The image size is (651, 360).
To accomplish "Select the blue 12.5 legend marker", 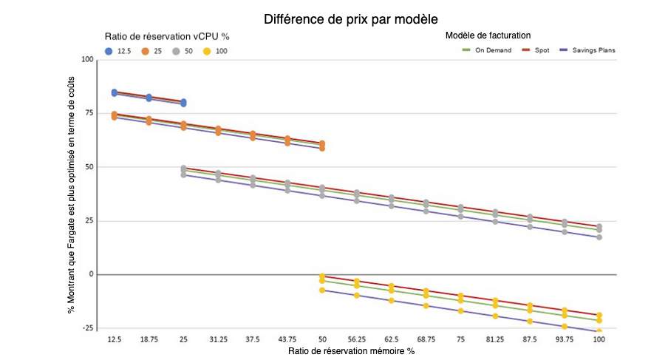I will [109, 51].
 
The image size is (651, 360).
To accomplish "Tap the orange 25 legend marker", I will [146, 51].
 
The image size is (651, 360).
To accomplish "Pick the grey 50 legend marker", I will [176, 51].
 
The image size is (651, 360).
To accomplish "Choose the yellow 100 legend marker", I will [207, 51].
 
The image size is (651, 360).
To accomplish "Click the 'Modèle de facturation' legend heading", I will [488, 35].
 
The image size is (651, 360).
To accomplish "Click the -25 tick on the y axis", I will [87, 327].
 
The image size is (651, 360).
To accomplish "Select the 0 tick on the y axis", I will [92, 274].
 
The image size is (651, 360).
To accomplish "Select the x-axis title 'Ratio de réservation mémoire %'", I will [351, 350].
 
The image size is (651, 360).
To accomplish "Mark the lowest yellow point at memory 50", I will [321, 290].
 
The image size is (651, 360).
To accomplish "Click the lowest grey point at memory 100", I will [599, 237].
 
